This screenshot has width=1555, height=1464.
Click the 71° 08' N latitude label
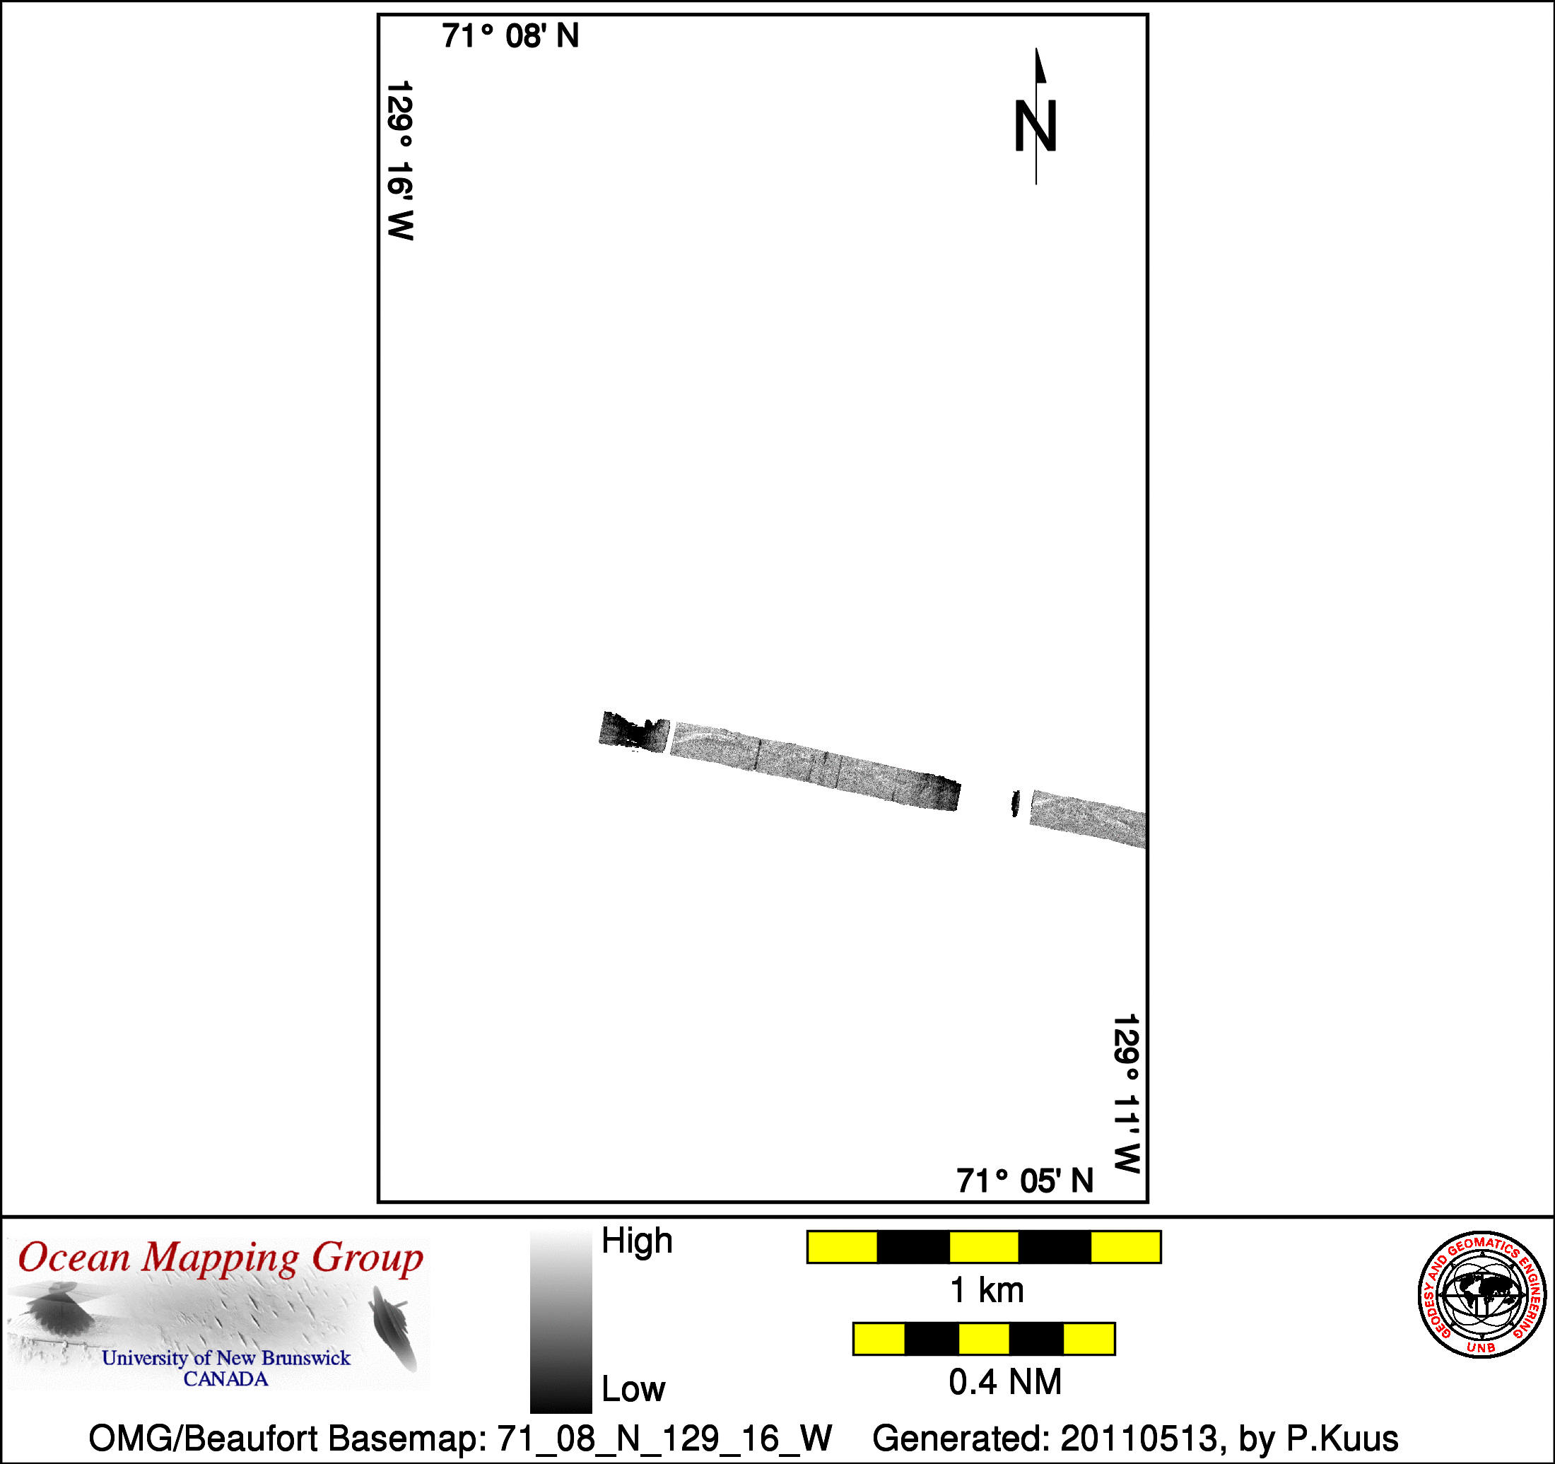(x=510, y=36)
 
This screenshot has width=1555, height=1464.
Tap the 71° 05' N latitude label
(x=1025, y=1181)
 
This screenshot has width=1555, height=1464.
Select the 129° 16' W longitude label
(x=399, y=160)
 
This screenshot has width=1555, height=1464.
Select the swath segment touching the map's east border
(x=1088, y=819)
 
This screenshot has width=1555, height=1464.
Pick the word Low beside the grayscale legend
(x=633, y=1389)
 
